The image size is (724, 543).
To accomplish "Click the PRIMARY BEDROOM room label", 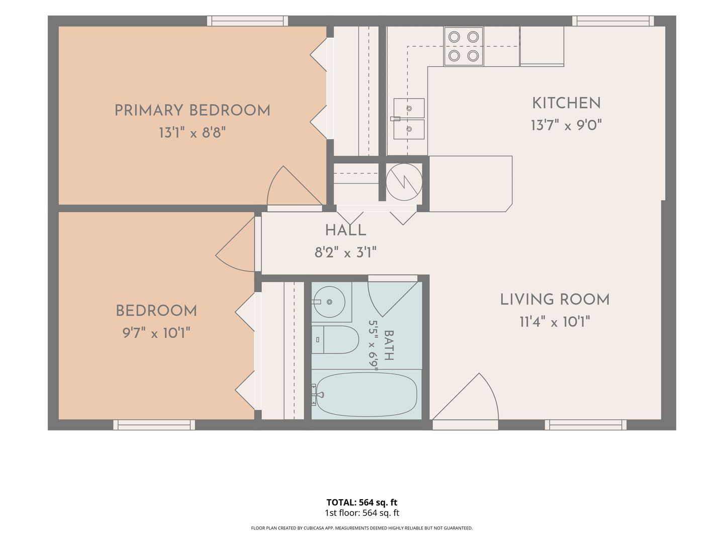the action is [x=192, y=110].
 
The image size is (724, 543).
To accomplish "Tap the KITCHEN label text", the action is [x=566, y=103].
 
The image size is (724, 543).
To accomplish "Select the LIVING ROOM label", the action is [x=555, y=300].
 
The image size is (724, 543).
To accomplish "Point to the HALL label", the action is [x=345, y=230].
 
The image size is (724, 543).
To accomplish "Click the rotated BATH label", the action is [x=389, y=345].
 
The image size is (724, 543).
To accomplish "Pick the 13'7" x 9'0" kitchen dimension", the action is [x=566, y=125].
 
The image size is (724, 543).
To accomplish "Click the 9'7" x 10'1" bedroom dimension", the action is [x=156, y=333].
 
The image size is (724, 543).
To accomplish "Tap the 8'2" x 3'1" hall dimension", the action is [x=345, y=253].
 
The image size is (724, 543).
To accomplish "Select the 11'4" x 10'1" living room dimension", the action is [x=555, y=322].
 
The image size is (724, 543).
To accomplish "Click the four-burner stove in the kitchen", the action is [x=464, y=46].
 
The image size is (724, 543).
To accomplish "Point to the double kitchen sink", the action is [x=408, y=119].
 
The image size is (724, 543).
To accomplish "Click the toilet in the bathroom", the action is [x=335, y=339].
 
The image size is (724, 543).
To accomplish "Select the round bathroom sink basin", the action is [x=329, y=302].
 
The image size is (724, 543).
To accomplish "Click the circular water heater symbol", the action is [x=404, y=182].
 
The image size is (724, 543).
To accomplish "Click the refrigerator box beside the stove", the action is [x=541, y=46].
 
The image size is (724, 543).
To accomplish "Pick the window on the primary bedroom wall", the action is [x=247, y=21].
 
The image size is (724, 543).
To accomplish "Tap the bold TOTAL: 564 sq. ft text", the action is [x=362, y=502].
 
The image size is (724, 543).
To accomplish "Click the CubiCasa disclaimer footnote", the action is [x=362, y=528].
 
